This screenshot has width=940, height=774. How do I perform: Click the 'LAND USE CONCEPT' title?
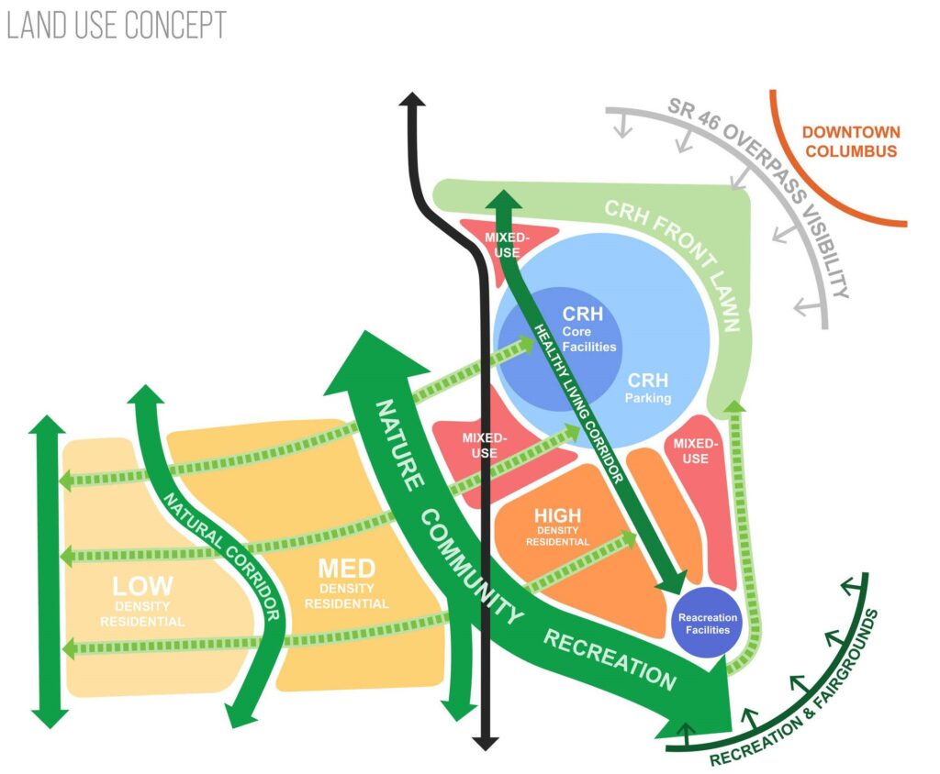coord(116,25)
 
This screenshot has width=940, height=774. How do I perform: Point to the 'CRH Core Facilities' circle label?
coord(583,329)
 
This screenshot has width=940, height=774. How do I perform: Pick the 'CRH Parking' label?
coord(649,388)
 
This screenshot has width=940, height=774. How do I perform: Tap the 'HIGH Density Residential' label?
coord(557,526)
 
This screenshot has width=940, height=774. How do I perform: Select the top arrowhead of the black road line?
coord(412,102)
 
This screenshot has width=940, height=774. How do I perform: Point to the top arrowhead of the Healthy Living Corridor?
coord(504,199)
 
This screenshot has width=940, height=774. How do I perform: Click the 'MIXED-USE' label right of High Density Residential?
coord(696,450)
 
